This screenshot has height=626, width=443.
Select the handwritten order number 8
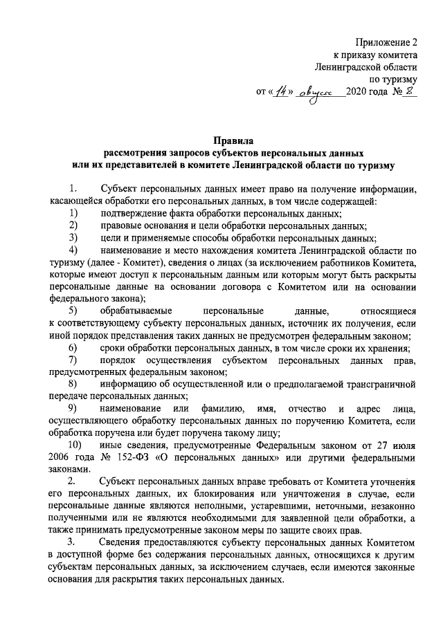click(410, 91)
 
